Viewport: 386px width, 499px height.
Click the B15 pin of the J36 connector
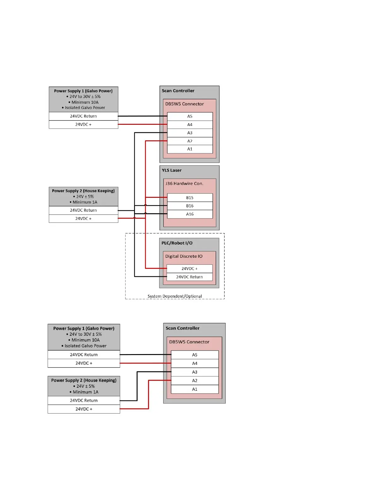pyautogui.click(x=190, y=198)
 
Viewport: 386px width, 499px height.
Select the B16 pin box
pyautogui.click(x=190, y=206)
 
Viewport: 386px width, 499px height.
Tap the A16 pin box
pyautogui.click(x=190, y=214)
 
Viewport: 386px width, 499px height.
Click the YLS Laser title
pyautogui.click(x=172, y=170)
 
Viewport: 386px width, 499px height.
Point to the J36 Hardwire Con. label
pyautogui.click(x=184, y=184)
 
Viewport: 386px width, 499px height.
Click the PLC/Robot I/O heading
pyautogui.click(x=177, y=243)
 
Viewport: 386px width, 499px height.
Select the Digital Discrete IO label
pyautogui.click(x=184, y=256)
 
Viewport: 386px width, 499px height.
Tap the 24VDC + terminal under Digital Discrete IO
pyautogui.click(x=189, y=269)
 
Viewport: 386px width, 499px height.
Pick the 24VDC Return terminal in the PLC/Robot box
pyautogui.click(x=189, y=277)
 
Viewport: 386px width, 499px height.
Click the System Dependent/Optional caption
pyautogui.click(x=175, y=296)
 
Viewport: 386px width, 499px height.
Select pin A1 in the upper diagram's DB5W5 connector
pyautogui.click(x=190, y=149)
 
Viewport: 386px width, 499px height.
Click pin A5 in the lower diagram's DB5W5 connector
pyautogui.click(x=195, y=355)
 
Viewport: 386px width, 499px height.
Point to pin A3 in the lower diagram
pyautogui.click(x=195, y=372)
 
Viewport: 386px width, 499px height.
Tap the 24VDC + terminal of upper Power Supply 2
pyautogui.click(x=83, y=219)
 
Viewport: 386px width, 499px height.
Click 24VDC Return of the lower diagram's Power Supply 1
pyautogui.click(x=84, y=355)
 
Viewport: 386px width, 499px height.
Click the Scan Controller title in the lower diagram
pyautogui.click(x=183, y=328)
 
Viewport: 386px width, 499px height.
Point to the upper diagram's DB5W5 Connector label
pyautogui.click(x=184, y=104)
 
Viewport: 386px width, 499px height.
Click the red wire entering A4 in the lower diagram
pyautogui.click(x=145, y=363)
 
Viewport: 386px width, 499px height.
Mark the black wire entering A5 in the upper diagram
pyautogui.click(x=142, y=116)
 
